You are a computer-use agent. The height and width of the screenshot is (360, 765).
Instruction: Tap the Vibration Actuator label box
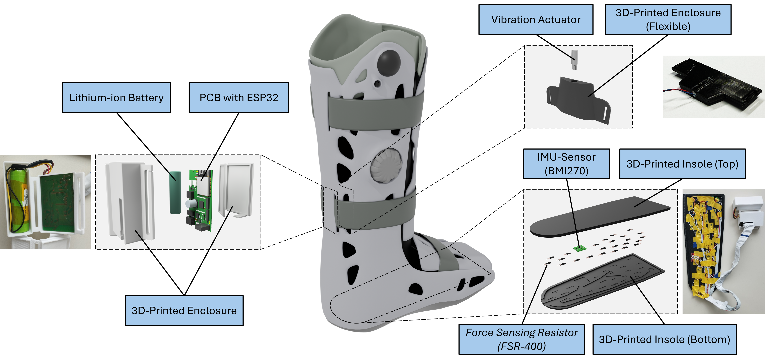536,20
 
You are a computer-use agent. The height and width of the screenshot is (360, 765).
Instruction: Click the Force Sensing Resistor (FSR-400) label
521,339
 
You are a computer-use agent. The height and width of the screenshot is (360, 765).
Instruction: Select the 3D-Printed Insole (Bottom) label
664,339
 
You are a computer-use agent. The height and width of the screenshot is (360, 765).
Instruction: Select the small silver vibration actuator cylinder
575,59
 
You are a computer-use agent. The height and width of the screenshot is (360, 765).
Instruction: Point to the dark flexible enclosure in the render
576,100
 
